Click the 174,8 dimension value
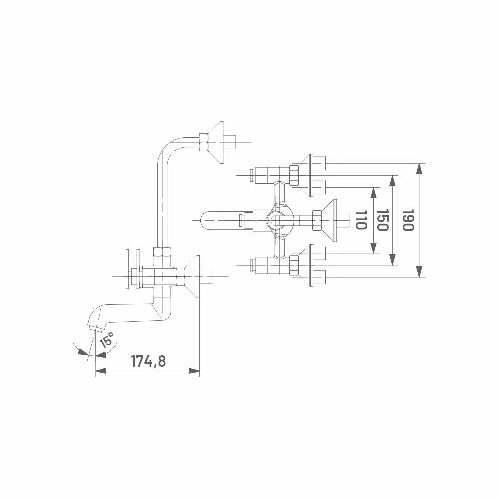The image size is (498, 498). tap(148, 361)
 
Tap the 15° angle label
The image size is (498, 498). tap(106, 339)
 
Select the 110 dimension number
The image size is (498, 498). tap(361, 220)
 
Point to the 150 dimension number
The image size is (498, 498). tap(382, 220)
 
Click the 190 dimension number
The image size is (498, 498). tap(408, 220)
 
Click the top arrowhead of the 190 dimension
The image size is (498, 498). tap(420, 169)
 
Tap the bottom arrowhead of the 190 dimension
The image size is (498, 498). tap(420, 272)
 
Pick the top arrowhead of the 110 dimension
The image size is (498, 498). tap(374, 193)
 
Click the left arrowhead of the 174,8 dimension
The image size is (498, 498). tap(100, 371)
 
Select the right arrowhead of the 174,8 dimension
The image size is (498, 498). tap(195, 371)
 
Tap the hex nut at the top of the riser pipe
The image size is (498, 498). tap(203, 142)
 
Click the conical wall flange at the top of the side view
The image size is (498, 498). tap(215, 142)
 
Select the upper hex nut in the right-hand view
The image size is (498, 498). tap(294, 175)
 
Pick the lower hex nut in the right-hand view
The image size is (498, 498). tap(294, 265)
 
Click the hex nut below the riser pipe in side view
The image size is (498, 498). tap(162, 252)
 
